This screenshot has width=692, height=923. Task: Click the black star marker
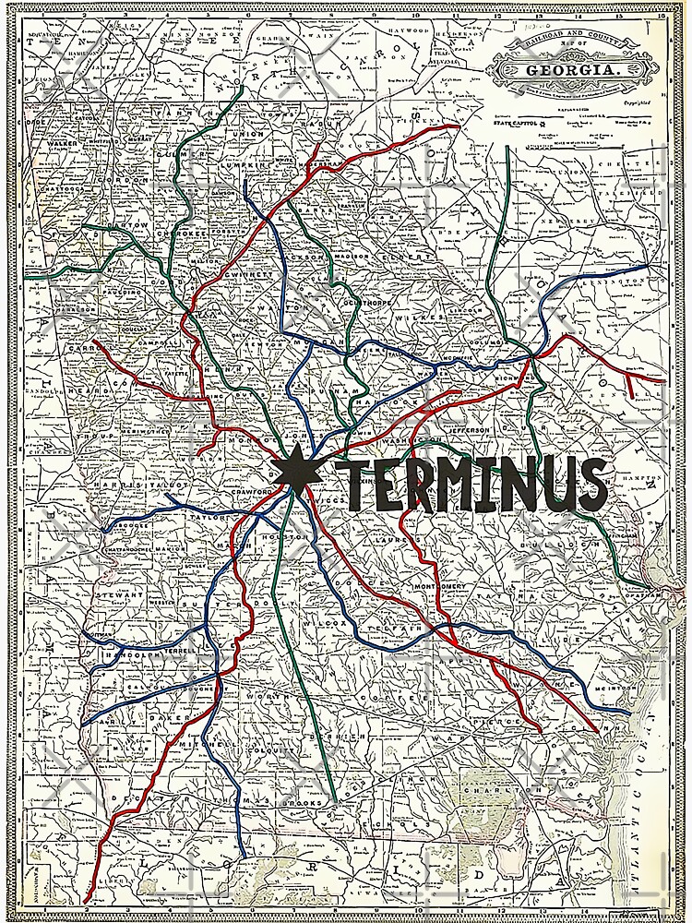[x=295, y=473]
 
